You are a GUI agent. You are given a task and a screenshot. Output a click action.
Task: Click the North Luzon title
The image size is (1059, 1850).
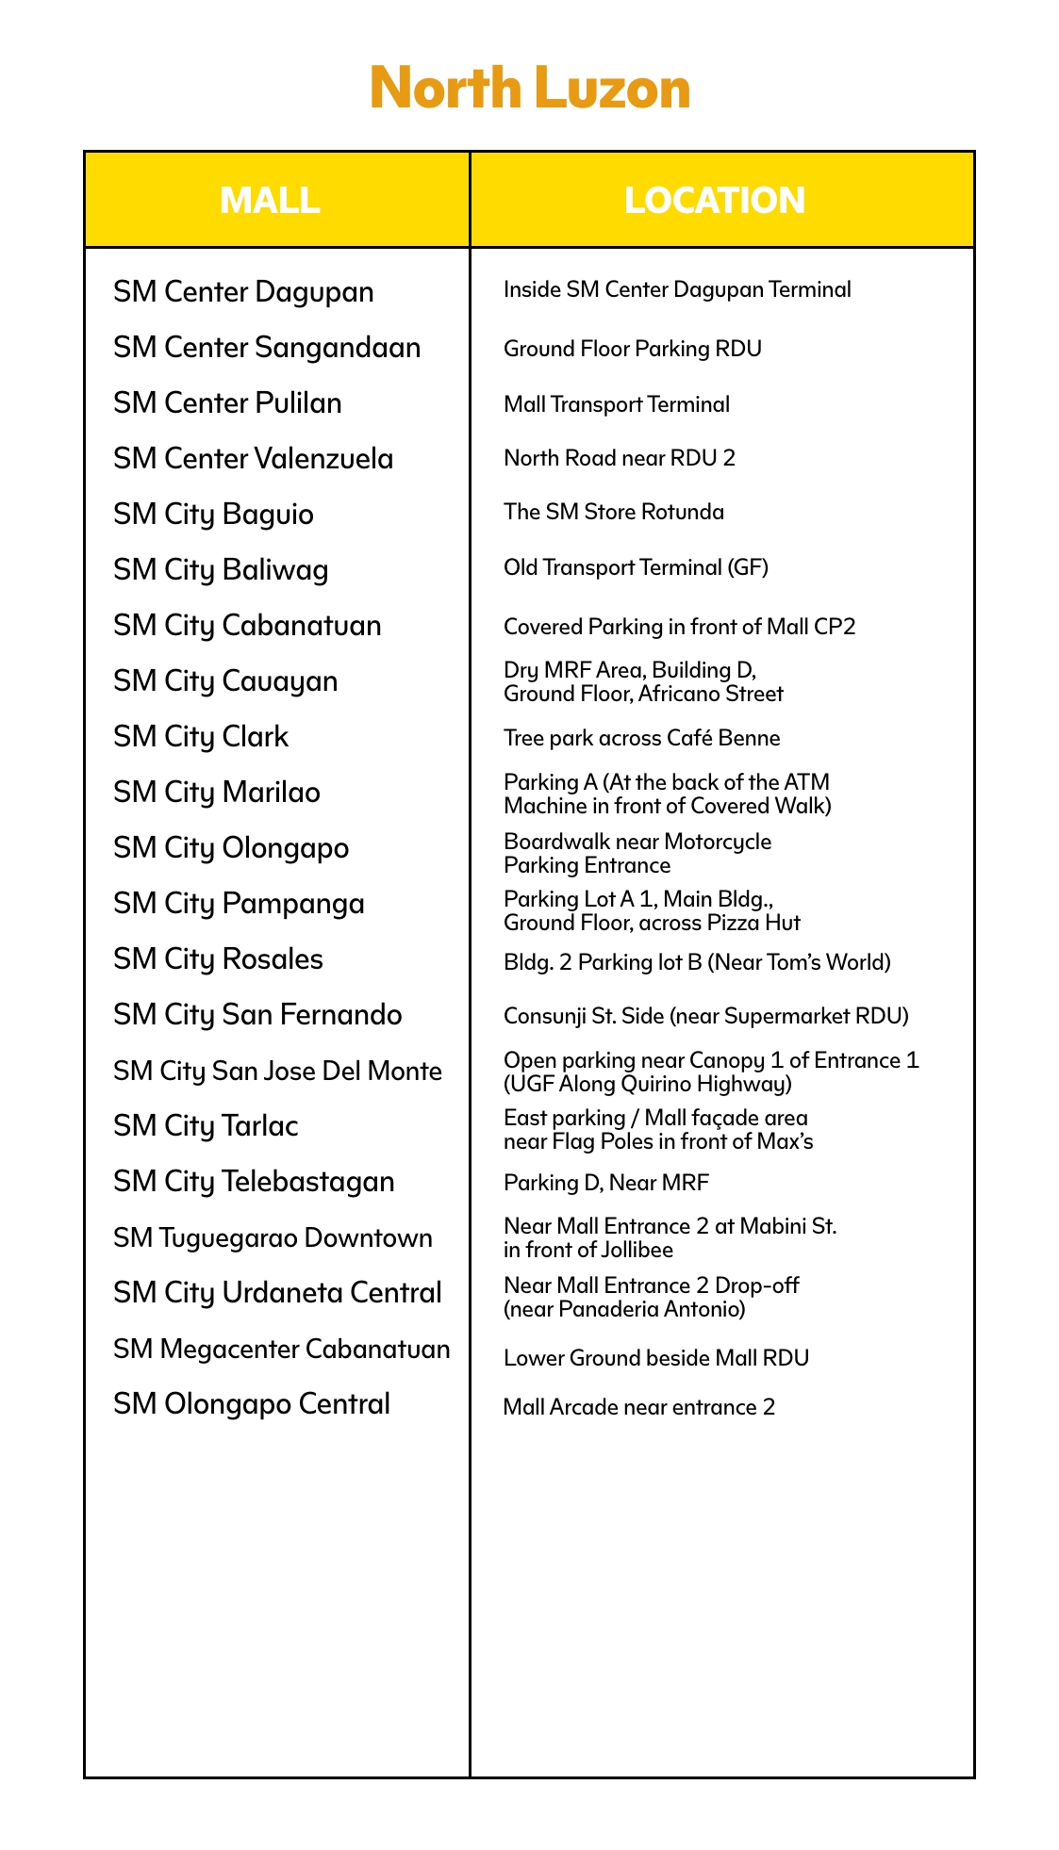[530, 89]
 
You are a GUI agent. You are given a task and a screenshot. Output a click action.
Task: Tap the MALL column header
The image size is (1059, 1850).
[270, 201]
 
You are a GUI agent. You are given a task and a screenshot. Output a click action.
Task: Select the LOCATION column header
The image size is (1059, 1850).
[715, 201]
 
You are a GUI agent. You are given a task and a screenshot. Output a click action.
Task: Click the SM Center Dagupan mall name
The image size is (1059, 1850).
[243, 292]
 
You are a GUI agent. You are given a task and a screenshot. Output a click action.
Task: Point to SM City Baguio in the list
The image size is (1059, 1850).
[213, 515]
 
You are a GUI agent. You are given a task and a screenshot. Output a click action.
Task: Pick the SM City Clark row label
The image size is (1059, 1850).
[201, 737]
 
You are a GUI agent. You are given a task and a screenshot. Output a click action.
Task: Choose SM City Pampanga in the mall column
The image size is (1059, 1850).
[239, 904]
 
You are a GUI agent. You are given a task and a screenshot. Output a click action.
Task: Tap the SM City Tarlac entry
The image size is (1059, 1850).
[206, 1126]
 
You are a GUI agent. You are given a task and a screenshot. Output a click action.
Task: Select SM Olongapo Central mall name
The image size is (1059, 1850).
[252, 1404]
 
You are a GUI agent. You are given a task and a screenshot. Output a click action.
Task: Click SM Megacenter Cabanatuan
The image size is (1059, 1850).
[281, 1350]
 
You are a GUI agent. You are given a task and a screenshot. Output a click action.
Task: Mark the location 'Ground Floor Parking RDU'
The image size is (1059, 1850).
[633, 350]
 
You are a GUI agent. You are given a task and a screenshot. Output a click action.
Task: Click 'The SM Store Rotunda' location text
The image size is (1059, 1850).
[614, 513]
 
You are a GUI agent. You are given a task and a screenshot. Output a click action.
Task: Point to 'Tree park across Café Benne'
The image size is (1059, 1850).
[642, 738]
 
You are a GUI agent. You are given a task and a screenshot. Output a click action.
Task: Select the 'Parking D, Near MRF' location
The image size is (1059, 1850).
[606, 1183]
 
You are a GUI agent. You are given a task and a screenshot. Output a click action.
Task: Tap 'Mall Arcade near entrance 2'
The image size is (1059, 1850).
[639, 1407]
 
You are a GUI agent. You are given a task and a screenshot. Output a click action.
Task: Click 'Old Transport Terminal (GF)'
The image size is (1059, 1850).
[637, 568]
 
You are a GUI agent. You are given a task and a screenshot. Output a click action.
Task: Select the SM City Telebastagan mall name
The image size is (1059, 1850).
[254, 1182]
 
